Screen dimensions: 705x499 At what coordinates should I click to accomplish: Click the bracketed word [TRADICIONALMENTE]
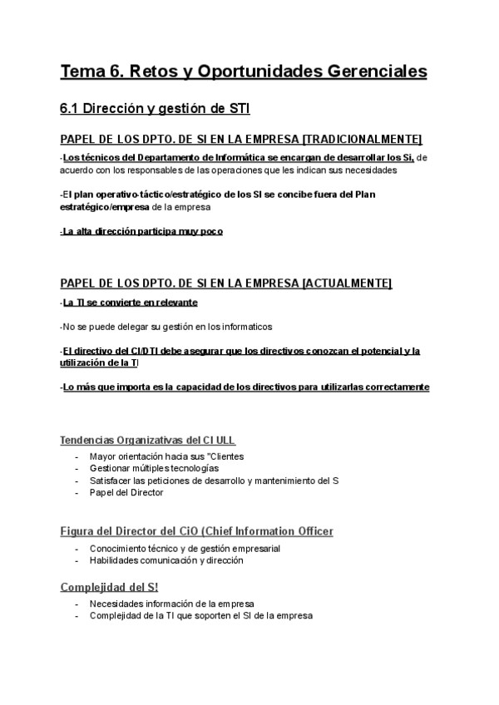[x=363, y=138]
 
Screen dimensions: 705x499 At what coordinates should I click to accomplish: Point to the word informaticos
[x=242, y=327]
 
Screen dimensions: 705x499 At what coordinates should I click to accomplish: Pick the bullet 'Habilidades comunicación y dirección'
[x=166, y=560]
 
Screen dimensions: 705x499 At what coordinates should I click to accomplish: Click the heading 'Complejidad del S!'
[x=109, y=587]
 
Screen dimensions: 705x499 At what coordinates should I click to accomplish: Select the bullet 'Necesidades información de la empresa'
[x=171, y=604]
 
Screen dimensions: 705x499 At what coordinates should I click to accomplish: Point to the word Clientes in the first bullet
[x=225, y=456]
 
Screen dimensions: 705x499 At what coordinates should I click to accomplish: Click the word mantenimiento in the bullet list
[x=274, y=481]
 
